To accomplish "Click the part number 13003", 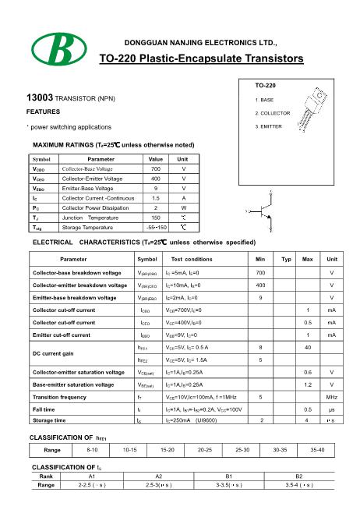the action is [x=40, y=99].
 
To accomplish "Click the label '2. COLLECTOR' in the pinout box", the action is [x=273, y=113].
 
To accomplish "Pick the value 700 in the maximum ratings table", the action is [x=156, y=168].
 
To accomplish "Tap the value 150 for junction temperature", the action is [x=156, y=218].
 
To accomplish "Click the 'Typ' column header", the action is [x=285, y=280].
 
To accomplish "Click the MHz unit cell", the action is [x=331, y=397].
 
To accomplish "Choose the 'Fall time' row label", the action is [x=44, y=409].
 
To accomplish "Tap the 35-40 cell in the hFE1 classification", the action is [x=318, y=450].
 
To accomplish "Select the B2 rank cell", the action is [x=298, y=476].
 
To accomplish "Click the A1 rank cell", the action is [x=91, y=476].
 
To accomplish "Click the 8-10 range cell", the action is [x=92, y=450].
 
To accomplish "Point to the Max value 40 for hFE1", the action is [x=309, y=347].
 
